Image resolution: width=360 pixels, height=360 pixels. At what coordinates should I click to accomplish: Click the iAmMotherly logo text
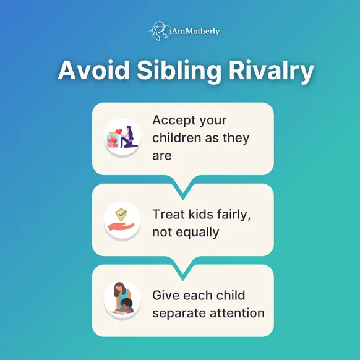point(194,31)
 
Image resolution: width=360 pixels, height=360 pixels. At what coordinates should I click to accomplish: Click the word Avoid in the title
point(93,70)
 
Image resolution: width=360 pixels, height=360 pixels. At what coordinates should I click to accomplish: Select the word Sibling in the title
point(179,71)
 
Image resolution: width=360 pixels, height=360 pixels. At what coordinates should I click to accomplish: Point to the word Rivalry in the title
point(271,71)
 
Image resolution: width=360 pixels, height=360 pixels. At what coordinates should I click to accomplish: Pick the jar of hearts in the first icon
point(113,140)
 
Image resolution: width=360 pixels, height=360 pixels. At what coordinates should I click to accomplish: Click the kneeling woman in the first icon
point(129,137)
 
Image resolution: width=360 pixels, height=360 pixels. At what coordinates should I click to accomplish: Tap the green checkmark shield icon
point(121,215)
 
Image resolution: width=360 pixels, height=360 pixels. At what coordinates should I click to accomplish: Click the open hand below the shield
point(121,227)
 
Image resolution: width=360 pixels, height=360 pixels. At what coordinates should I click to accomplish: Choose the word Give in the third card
point(166,295)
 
